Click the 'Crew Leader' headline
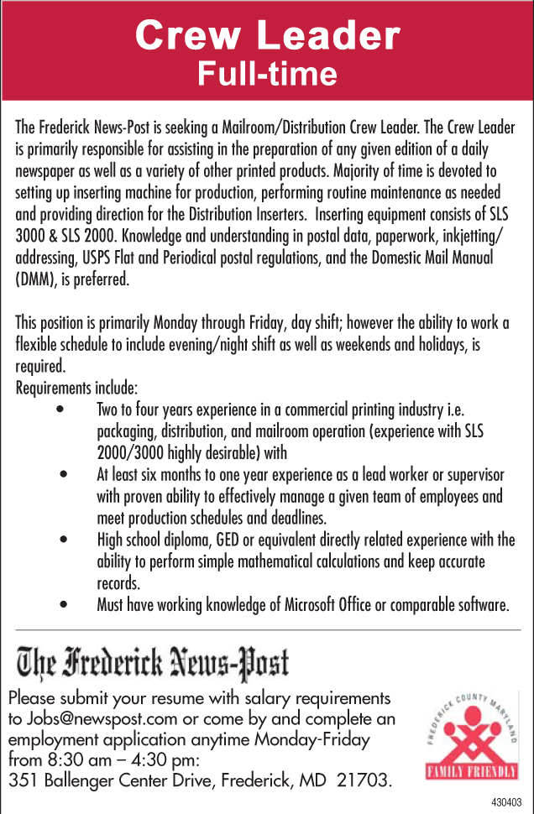click(267, 36)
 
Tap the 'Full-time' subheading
click(267, 75)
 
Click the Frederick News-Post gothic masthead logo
click(154, 662)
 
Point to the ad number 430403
click(506, 803)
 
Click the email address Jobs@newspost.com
click(103, 718)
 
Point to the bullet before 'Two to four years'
click(60, 411)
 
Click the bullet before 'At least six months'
click(64, 475)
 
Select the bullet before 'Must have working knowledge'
click(64, 604)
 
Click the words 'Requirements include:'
click(76, 389)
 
